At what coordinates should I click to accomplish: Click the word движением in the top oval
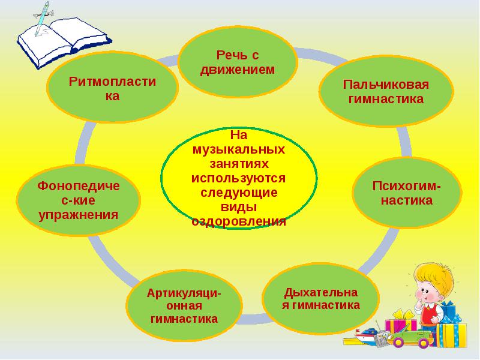pyautogui.click(x=237, y=70)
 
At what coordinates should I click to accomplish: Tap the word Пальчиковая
pyautogui.click(x=386, y=85)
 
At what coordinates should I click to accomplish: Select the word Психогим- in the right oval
pyautogui.click(x=407, y=186)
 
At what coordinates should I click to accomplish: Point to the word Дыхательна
pyautogui.click(x=321, y=293)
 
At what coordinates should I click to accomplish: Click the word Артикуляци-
pyautogui.click(x=184, y=293)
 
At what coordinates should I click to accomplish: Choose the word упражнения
pyautogui.click(x=79, y=215)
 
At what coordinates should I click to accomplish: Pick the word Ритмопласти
pyautogui.click(x=112, y=82)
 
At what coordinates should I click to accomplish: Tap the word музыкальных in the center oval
pyautogui.click(x=239, y=149)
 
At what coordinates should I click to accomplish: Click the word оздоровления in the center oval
pyautogui.click(x=239, y=221)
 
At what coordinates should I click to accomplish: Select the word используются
pyautogui.click(x=238, y=178)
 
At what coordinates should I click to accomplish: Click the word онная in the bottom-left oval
pyautogui.click(x=184, y=306)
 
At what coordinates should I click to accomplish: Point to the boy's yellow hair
pyautogui.click(x=434, y=277)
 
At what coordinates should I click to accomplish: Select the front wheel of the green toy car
pyautogui.click(x=398, y=342)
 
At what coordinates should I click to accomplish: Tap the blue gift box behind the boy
pyautogui.click(x=448, y=311)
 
